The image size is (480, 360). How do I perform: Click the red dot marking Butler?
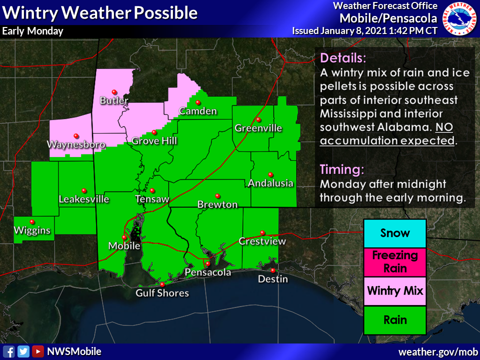click(114, 91)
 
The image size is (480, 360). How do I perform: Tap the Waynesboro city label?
click(76, 144)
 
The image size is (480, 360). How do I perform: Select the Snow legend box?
click(394, 233)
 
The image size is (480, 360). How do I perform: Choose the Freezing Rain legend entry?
click(394, 262)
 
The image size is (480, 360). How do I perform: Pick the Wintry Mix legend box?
click(394, 290)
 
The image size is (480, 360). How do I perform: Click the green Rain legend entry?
click(394, 320)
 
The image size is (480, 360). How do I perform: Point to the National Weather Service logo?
click(458, 18)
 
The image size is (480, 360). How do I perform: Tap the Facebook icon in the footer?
click(8, 351)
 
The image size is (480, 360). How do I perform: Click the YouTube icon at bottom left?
click(37, 351)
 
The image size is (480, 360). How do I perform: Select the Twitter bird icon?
click(23, 351)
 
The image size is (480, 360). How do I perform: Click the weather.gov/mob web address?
click(437, 352)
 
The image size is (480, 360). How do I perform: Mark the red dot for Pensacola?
click(207, 263)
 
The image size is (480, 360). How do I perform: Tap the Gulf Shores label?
click(162, 293)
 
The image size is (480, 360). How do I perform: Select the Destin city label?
click(272, 279)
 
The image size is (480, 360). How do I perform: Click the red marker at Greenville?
click(258, 119)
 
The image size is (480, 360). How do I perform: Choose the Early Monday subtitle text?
click(33, 31)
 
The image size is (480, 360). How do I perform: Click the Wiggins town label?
click(32, 230)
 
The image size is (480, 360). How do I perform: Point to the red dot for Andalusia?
click(270, 174)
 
